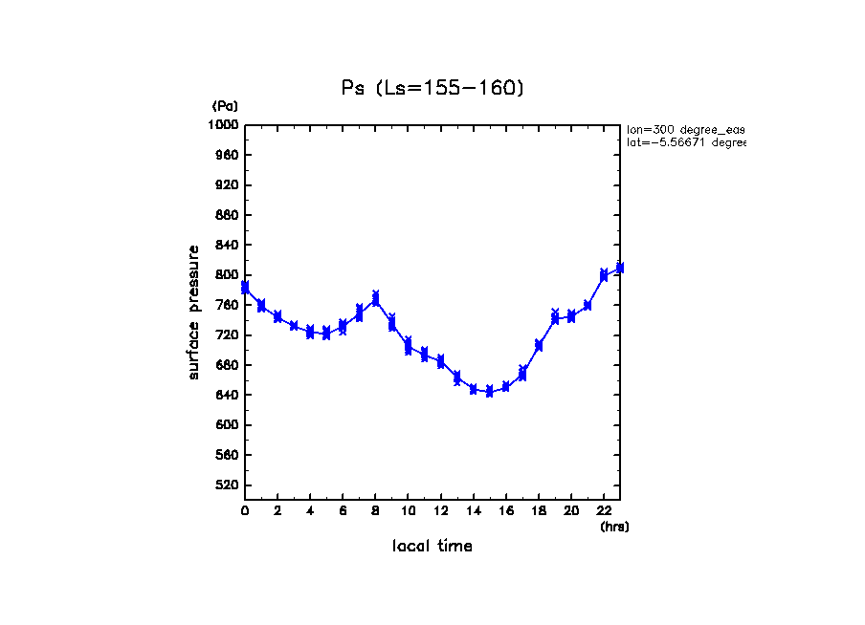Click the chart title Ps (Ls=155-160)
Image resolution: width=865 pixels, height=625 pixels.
[432, 88]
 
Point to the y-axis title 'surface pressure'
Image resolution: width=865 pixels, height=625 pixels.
[194, 312]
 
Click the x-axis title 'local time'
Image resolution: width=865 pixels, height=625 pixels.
[432, 547]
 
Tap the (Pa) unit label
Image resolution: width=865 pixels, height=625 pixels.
[225, 106]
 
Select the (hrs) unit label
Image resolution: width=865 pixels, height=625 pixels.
[614, 527]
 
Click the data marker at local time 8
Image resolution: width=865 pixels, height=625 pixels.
[376, 298]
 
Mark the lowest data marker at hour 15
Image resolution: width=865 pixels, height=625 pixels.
[489, 391]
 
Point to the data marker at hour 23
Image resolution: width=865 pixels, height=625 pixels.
[620, 268]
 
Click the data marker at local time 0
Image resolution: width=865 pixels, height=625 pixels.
[245, 287]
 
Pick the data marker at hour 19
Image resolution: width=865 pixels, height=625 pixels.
[555, 317]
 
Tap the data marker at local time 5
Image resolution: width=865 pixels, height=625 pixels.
[326, 333]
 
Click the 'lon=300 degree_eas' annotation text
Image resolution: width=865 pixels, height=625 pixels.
[685, 128]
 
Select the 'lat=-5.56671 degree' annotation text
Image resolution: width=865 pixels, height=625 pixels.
[685, 142]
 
